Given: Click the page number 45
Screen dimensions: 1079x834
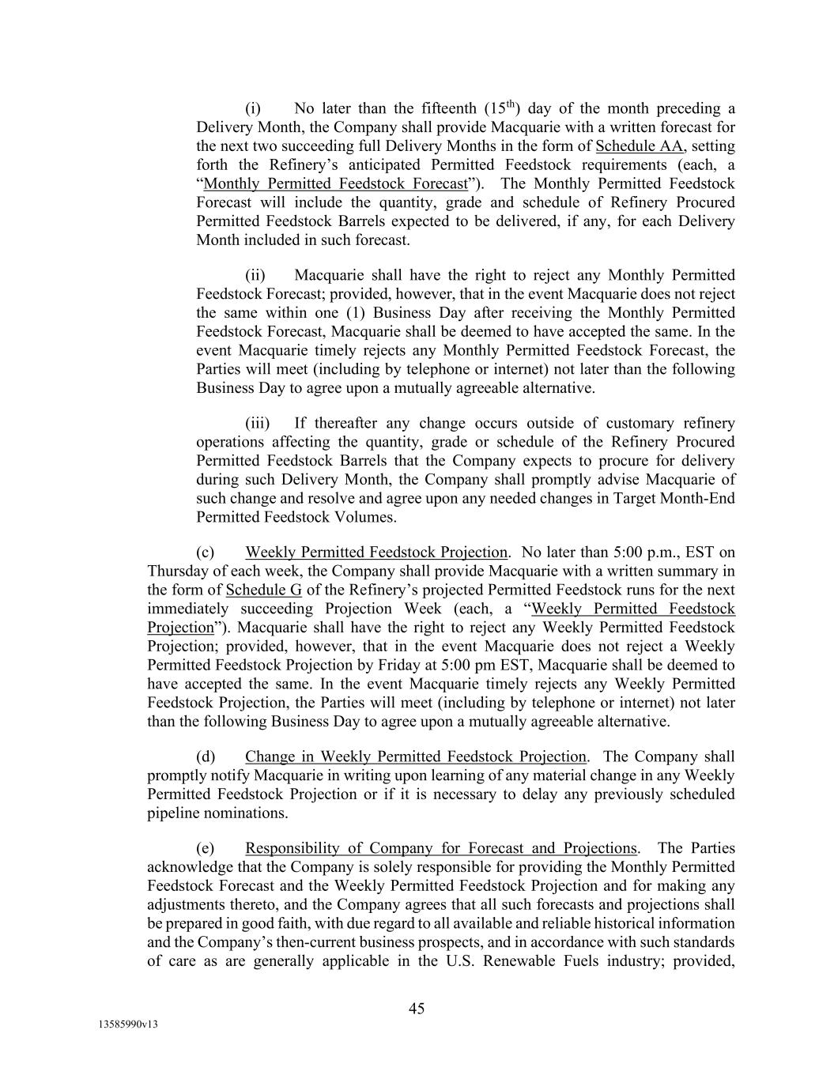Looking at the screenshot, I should pos(417,1008).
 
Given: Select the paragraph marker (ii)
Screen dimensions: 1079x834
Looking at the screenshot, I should pos(255,275).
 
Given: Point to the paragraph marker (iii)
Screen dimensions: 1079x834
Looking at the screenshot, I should pos(257,423).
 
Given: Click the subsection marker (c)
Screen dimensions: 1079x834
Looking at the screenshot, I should pos(206,552).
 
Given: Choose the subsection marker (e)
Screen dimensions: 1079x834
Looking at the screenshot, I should pos(206,848).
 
